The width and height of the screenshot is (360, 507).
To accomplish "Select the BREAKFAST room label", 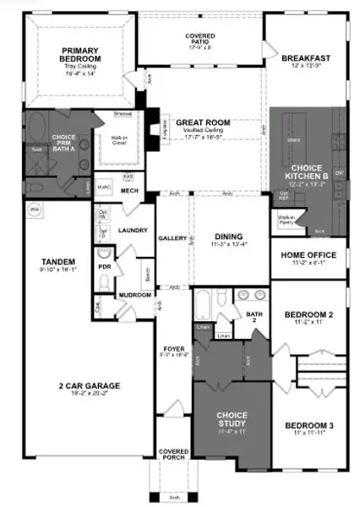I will point(307,58).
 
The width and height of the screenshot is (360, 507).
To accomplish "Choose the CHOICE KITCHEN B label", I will point(307,174).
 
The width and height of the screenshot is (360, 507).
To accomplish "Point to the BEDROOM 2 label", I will point(308,316).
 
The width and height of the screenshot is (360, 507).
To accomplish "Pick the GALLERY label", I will point(173,238).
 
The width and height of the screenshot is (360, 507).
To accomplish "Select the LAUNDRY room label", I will point(134,229).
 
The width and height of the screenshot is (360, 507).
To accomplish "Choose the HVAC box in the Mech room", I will point(105,187).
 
